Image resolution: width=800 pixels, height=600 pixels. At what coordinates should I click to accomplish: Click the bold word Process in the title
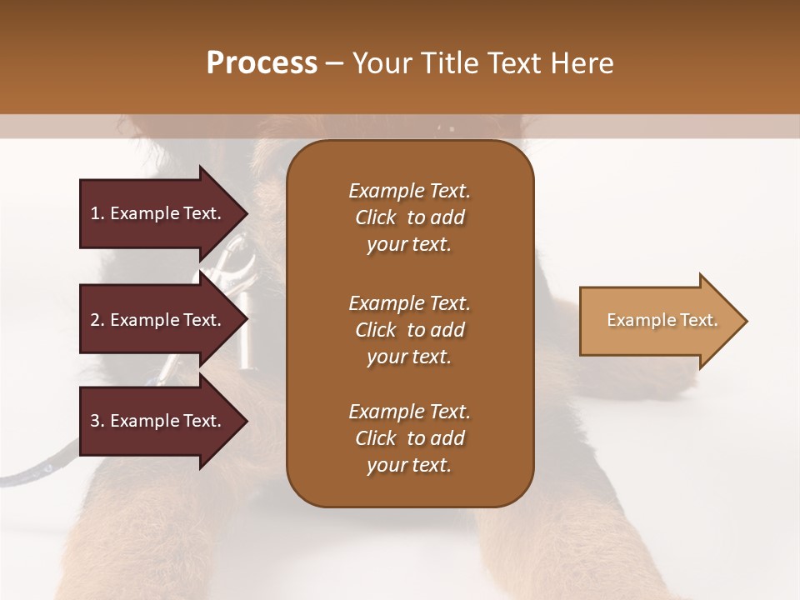click(262, 63)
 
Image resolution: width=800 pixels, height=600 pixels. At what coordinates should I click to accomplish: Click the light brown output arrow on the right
click(658, 321)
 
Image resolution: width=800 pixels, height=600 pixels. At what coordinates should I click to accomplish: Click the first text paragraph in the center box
click(409, 217)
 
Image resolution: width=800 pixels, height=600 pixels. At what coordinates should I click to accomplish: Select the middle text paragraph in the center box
click(409, 330)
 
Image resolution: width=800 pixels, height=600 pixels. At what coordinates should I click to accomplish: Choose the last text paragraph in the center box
click(409, 438)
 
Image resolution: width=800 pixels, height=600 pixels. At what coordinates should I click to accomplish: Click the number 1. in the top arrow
click(97, 213)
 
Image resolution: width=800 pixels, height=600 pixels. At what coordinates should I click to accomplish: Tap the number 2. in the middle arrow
click(97, 320)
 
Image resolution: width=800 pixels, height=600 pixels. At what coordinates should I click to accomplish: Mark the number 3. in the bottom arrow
click(97, 421)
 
